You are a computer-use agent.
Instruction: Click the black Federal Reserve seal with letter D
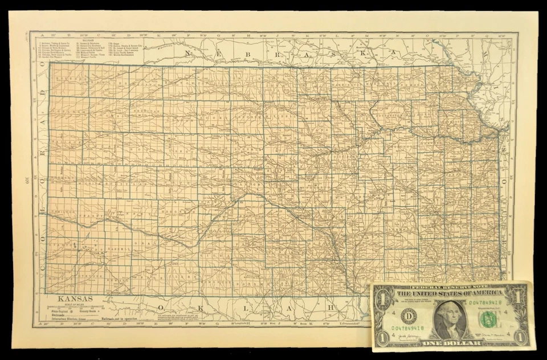coord(409,315)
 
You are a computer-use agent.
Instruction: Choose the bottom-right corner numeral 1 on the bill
coord(519,337)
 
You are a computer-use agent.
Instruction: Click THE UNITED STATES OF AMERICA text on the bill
coord(450,293)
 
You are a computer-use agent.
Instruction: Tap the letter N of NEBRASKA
coord(186,53)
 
